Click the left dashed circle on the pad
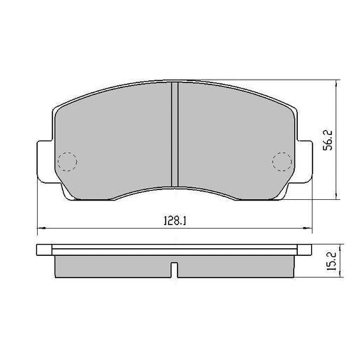click(x=66, y=161)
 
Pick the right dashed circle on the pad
click(x=281, y=161)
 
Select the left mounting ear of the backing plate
click(x=43, y=161)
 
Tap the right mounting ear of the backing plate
click(x=304, y=161)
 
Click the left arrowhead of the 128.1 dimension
click(x=39, y=228)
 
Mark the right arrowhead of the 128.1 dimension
click(x=309, y=228)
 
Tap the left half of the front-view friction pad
click(x=112, y=140)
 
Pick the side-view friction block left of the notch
click(x=112, y=266)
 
